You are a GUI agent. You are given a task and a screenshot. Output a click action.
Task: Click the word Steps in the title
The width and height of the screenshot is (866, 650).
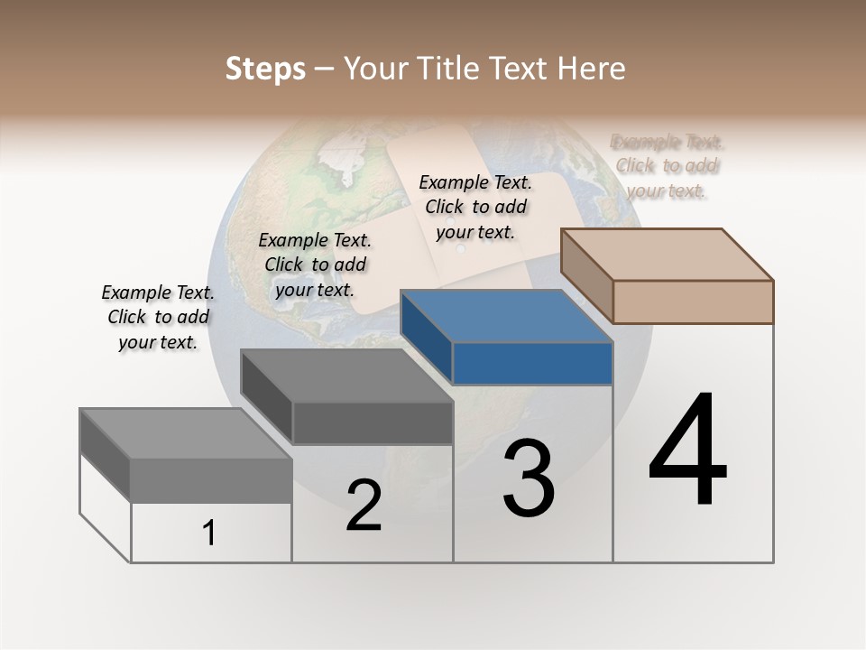pyautogui.click(x=265, y=69)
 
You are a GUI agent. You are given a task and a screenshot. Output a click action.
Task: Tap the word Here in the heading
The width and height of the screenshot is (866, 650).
pyautogui.click(x=592, y=69)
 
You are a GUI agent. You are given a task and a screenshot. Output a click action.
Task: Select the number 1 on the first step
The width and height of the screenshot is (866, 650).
pyautogui.click(x=209, y=534)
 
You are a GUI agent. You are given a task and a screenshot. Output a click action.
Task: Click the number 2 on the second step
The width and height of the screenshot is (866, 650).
pyautogui.click(x=364, y=506)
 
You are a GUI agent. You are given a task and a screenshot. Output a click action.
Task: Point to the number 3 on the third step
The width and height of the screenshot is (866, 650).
pyautogui.click(x=528, y=478)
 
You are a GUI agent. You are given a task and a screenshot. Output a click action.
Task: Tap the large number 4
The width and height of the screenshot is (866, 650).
pyautogui.click(x=687, y=451)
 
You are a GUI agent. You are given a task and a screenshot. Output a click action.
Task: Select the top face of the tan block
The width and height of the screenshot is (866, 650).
pyautogui.click(x=668, y=255)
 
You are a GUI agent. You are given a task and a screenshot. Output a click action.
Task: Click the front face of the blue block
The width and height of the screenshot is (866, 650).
pyautogui.click(x=532, y=363)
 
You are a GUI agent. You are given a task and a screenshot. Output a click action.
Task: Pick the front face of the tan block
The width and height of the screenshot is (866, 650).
pyautogui.click(x=693, y=302)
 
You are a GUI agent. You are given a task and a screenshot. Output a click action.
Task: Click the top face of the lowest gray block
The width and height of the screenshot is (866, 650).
pyautogui.click(x=185, y=433)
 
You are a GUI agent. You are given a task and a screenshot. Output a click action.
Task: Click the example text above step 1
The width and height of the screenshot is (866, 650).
pyautogui.click(x=158, y=317)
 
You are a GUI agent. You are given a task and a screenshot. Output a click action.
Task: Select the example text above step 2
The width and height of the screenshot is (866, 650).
pyautogui.click(x=315, y=265)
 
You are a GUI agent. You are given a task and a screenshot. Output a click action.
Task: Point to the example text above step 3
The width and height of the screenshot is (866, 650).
pyautogui.click(x=475, y=207)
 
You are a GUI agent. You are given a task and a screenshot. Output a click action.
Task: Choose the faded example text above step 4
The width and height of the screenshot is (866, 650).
pyautogui.click(x=667, y=166)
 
